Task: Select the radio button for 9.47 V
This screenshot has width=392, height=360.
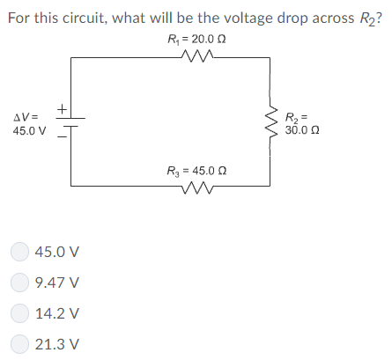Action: click(19, 283)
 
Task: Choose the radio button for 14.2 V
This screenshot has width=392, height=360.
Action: click(19, 313)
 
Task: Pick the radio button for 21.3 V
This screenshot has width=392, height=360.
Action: click(19, 344)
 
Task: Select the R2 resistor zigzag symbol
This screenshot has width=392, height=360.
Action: click(270, 121)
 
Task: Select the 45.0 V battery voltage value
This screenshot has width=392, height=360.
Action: click(29, 131)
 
